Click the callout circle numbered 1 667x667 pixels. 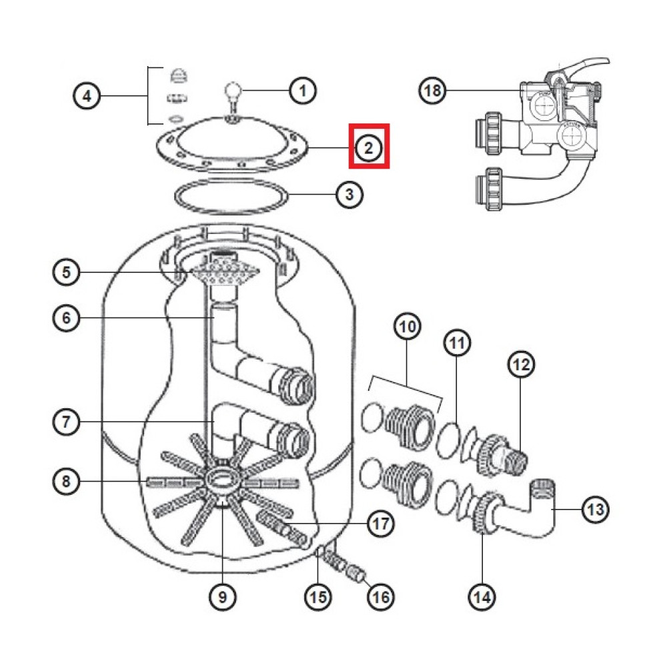(303, 90)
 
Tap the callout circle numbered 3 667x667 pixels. (350, 195)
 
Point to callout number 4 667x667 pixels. (85, 97)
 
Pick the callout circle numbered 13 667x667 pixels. (596, 510)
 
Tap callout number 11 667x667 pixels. (457, 344)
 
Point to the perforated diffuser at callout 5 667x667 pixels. (223, 272)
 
